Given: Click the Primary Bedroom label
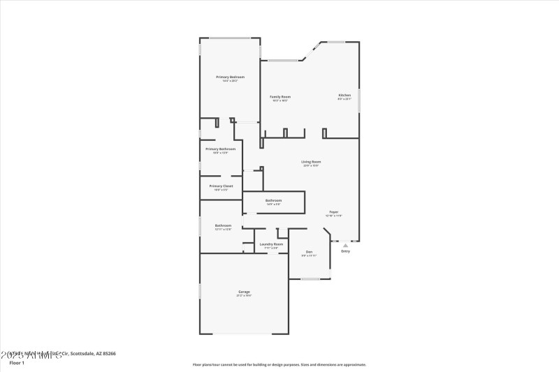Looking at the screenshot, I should [230, 76].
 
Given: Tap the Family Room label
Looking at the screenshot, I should [280, 96].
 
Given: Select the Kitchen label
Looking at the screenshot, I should [344, 95].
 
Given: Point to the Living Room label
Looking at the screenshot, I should [311, 161].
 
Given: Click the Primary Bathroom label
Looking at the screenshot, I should [220, 149].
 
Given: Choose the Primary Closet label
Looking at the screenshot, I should [220, 186].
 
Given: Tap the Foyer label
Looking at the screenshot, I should [334, 211].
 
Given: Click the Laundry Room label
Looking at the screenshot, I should [271, 244].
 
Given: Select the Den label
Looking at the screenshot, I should [309, 251].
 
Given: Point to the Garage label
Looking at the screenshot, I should [244, 292].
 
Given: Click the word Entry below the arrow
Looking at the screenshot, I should [345, 251].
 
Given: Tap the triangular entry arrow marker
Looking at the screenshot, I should [345, 245].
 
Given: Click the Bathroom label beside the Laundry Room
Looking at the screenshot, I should [223, 225].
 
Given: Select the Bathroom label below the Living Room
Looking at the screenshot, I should [273, 200].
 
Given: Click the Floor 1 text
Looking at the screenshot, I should [17, 363].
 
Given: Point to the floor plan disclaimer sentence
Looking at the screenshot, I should [279, 364].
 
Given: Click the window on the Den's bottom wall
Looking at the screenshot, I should [310, 279].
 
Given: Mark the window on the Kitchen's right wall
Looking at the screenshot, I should [359, 101].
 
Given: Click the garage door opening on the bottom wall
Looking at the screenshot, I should [243, 334].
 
